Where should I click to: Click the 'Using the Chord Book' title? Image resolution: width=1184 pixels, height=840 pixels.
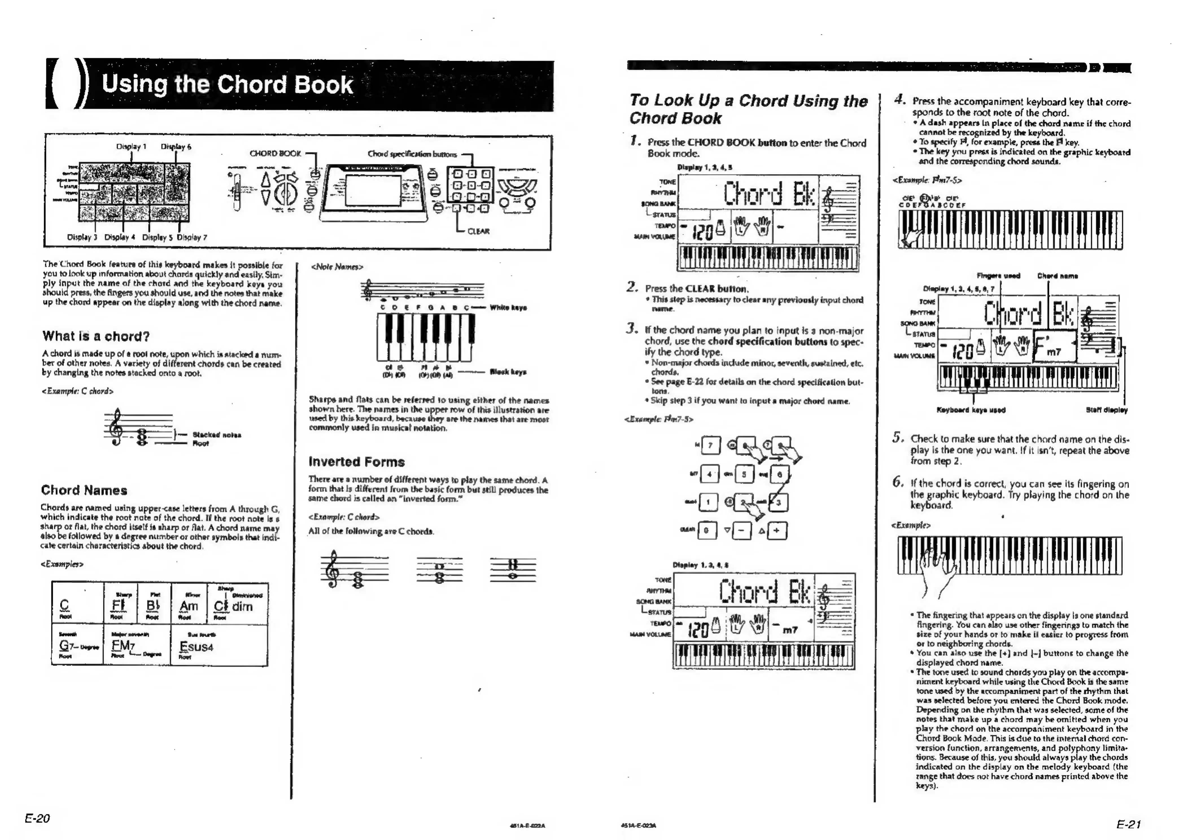(x=228, y=84)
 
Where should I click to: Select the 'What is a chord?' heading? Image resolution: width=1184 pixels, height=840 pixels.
(x=96, y=336)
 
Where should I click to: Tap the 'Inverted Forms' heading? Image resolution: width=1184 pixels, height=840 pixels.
(x=356, y=461)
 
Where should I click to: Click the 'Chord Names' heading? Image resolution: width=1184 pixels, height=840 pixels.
(x=84, y=490)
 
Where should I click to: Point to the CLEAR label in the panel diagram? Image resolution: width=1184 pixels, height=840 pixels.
(x=478, y=231)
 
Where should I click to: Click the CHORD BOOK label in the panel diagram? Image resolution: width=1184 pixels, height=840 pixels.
(x=275, y=154)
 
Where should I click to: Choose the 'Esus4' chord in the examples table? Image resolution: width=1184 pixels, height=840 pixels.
(x=196, y=647)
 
